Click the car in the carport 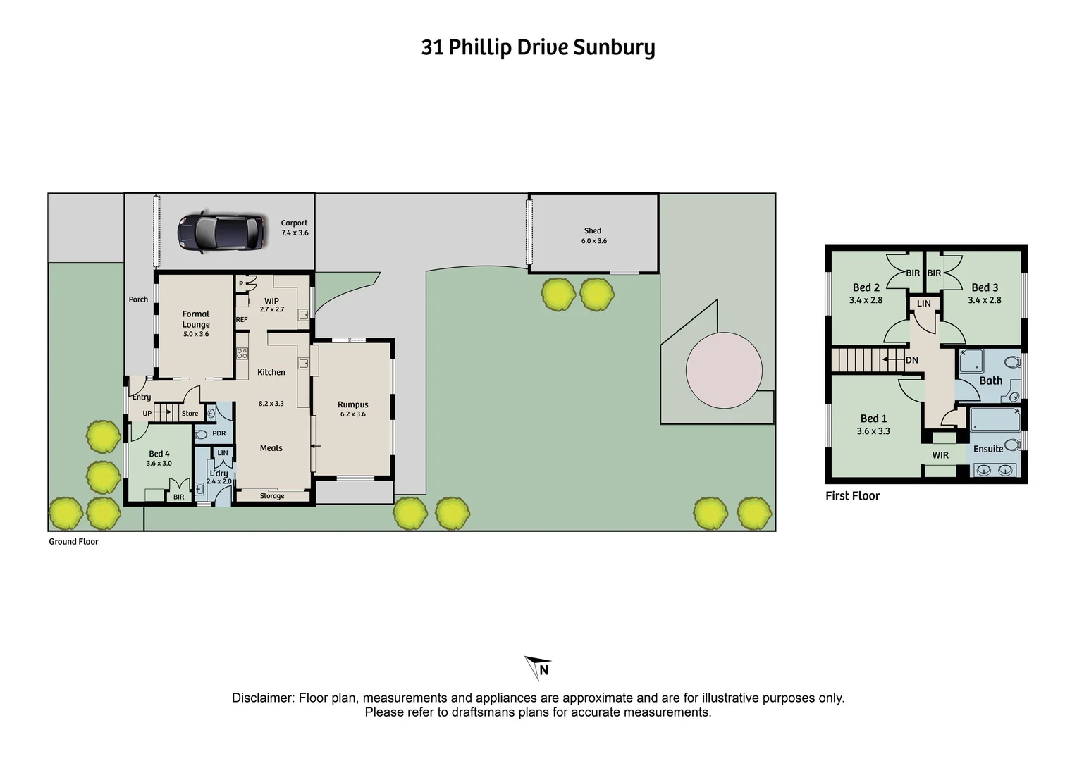click(x=220, y=231)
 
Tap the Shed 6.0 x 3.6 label click(x=593, y=235)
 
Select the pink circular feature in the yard click(x=724, y=371)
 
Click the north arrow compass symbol click(x=538, y=667)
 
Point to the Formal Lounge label click(x=196, y=319)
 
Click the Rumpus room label click(x=352, y=404)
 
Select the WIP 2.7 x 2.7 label click(x=271, y=304)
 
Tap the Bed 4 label click(x=159, y=454)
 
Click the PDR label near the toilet click(x=219, y=433)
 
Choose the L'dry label click(x=219, y=474)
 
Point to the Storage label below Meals click(x=272, y=496)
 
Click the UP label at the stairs click(x=147, y=414)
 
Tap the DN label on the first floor click(x=912, y=360)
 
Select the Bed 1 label click(x=873, y=419)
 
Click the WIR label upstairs click(x=940, y=455)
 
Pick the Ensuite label click(x=987, y=449)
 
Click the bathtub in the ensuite click(x=995, y=421)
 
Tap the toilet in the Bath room click(x=1012, y=362)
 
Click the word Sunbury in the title click(x=614, y=47)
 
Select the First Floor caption click(x=852, y=496)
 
